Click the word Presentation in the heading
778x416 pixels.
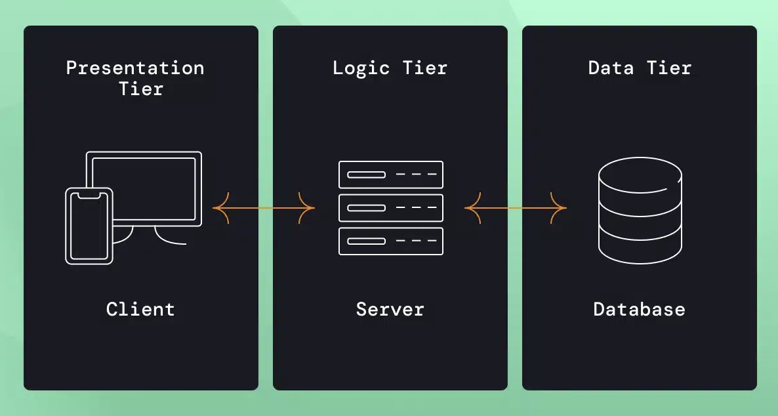click(135, 68)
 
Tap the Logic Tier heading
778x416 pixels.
click(390, 68)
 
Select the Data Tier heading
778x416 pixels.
click(640, 68)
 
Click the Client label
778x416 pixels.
click(140, 309)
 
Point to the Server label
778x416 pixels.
click(390, 309)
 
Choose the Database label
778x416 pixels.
click(639, 309)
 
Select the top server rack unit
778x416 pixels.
click(391, 175)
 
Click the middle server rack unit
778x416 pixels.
click(391, 208)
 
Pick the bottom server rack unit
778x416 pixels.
click(391, 241)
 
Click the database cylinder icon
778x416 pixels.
click(640, 210)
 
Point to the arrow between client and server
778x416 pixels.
click(264, 209)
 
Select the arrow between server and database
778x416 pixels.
click(516, 209)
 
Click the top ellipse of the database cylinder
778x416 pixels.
click(640, 173)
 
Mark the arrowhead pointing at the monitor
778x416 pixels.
click(219, 209)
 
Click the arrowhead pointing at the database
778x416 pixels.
click(560, 209)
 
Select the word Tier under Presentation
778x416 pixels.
click(140, 89)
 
